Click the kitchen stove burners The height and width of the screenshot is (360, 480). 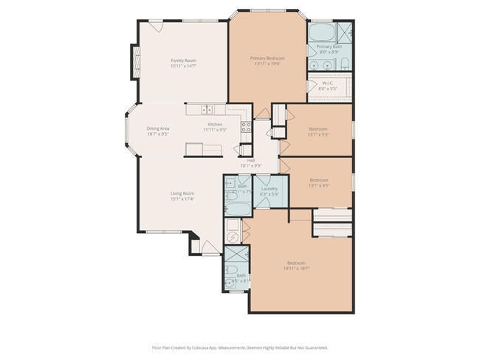click(x=246, y=126)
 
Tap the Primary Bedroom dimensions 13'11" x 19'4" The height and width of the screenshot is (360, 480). click(x=267, y=64)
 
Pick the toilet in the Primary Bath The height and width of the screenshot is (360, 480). click(x=345, y=63)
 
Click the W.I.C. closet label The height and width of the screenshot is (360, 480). click(x=329, y=83)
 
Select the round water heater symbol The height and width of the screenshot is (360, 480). click(x=233, y=237)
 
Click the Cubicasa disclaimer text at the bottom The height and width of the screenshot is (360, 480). click(x=239, y=347)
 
